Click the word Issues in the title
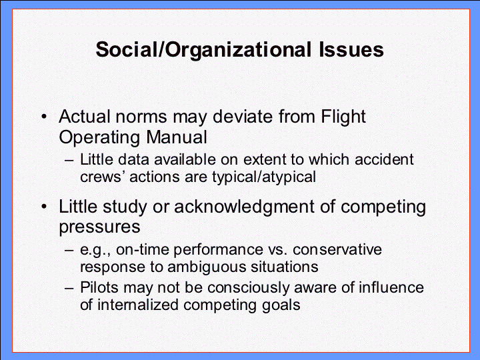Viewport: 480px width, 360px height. point(351,49)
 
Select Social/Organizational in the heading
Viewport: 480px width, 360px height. point(203,50)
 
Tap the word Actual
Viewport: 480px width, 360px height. point(85,116)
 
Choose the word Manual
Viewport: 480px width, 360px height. point(177,137)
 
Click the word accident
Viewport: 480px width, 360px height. point(384,159)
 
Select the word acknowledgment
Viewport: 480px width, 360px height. point(244,207)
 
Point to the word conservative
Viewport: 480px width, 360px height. point(337,249)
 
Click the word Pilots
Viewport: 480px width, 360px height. point(99,287)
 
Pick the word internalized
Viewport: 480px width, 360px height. point(138,305)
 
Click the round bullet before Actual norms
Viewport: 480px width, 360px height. point(45,117)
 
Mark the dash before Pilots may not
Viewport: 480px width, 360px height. point(69,288)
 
